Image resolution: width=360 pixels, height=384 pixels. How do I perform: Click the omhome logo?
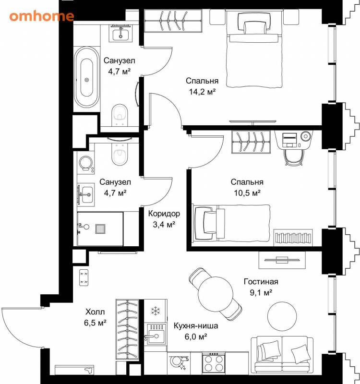click(42, 16)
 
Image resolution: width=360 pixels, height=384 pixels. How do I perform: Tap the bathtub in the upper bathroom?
click(87, 77)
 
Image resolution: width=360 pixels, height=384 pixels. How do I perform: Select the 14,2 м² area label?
click(202, 92)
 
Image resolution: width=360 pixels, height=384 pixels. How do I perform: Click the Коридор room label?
click(164, 214)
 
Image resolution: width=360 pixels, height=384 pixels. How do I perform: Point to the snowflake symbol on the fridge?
click(155, 311)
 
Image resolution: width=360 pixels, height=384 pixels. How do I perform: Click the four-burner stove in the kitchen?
click(213, 363)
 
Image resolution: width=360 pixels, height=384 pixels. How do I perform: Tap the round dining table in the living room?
click(216, 294)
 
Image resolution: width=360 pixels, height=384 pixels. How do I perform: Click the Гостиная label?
click(261, 281)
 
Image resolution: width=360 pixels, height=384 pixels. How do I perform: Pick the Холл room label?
click(95, 312)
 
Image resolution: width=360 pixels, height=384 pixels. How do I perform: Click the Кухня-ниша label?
click(196, 326)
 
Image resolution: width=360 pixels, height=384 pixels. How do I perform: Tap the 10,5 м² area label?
click(247, 193)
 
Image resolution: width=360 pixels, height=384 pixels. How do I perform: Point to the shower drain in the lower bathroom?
click(100, 229)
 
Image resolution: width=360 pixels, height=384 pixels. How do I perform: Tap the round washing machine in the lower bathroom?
click(86, 163)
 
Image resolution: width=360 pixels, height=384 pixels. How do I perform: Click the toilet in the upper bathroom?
click(120, 115)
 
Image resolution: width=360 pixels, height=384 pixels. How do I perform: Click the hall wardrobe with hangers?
click(127, 329)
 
